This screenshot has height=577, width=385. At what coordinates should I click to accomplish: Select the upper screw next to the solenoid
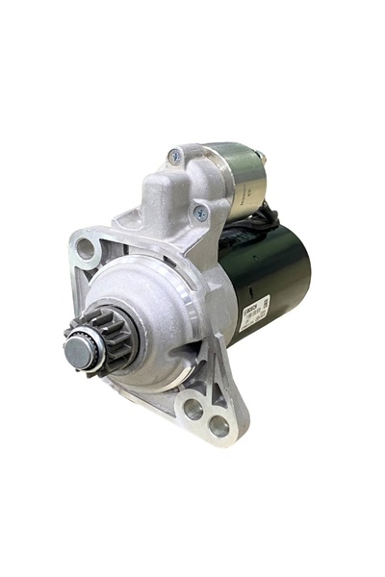pos(175,156)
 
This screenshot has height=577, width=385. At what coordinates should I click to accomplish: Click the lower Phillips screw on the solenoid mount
pos(200,213)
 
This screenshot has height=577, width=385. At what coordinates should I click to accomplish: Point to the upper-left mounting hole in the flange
pos(87,249)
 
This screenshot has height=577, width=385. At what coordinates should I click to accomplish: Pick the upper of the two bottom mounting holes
pos(192,408)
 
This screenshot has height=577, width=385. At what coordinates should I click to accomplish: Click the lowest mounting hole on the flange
pos(218,424)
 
